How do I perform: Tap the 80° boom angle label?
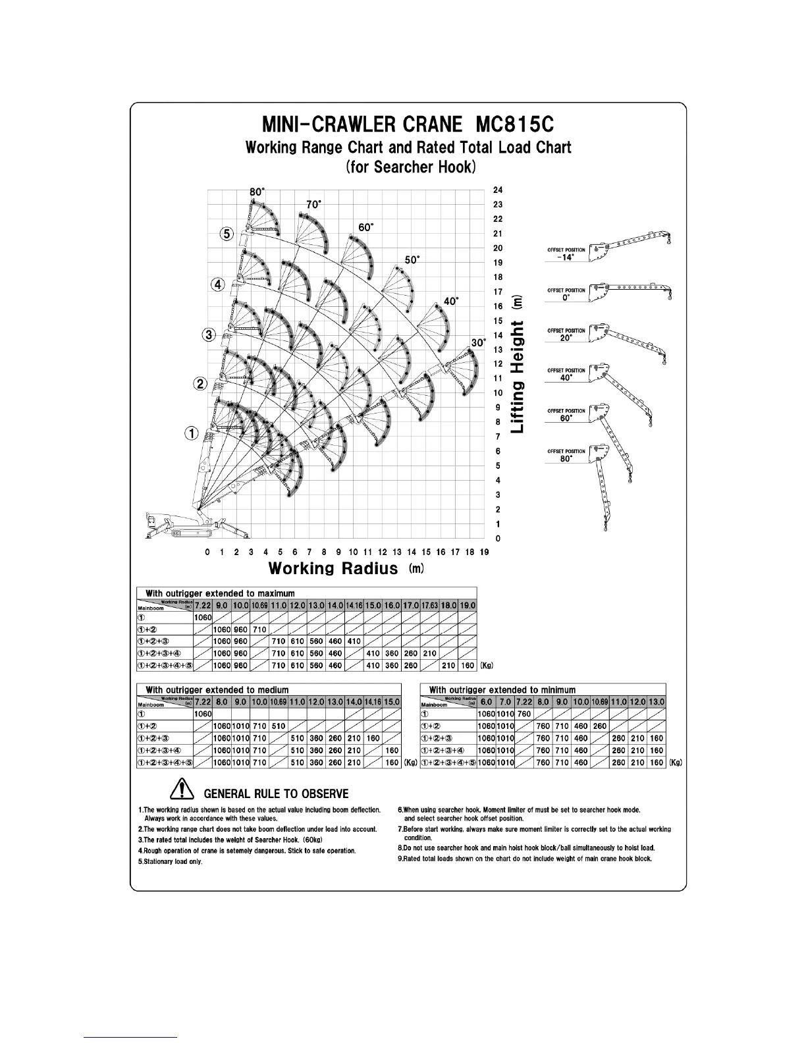(x=257, y=192)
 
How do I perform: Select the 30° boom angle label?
(x=478, y=343)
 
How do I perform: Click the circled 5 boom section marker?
(x=227, y=233)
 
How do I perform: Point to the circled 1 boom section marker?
(x=191, y=433)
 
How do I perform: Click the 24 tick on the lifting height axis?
(x=498, y=190)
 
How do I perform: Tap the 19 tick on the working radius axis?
(x=484, y=552)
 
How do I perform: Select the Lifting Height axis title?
(x=518, y=363)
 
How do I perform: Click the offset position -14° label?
(x=566, y=254)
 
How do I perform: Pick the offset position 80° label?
(x=566, y=456)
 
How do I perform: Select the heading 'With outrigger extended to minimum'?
(x=502, y=689)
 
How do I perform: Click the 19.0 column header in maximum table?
(x=468, y=605)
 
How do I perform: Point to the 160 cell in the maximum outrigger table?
(x=468, y=666)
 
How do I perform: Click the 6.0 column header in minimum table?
(x=487, y=702)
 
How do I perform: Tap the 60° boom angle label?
(x=365, y=227)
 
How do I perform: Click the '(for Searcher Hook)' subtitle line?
(x=408, y=167)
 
